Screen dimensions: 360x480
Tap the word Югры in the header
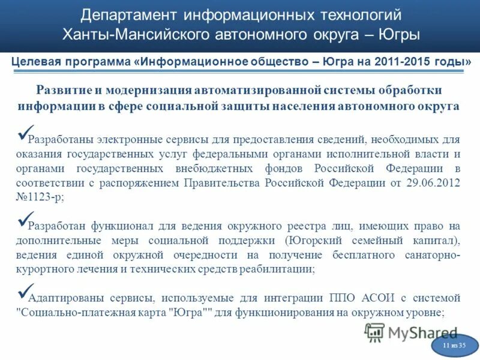click(398, 34)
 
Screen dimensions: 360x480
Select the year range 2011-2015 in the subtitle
click(408, 62)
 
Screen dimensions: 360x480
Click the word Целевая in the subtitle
click(37, 62)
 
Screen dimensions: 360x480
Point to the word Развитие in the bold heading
click(64, 90)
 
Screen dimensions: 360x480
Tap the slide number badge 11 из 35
click(454, 346)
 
